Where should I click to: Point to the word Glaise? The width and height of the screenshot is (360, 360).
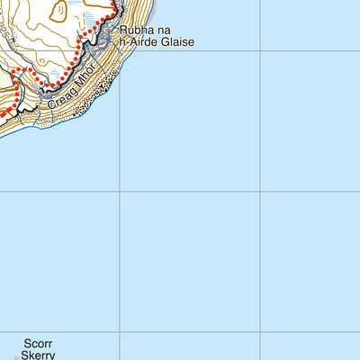(x=179, y=42)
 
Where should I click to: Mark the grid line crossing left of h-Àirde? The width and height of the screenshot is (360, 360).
(x=120, y=50)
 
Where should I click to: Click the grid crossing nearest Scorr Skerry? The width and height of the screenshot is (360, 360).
(x=120, y=331)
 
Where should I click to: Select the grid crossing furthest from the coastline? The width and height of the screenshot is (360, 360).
(x=260, y=331)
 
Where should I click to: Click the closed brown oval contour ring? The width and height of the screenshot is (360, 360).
(x=58, y=11)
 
